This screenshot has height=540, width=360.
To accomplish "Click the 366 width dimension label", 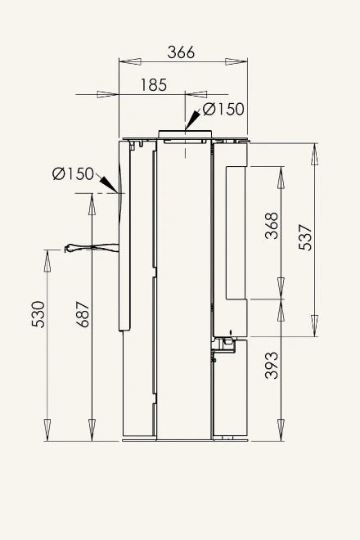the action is (x=181, y=52).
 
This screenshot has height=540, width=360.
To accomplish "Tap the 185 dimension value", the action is (x=154, y=85).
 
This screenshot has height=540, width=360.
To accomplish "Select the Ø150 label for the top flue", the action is (x=223, y=109).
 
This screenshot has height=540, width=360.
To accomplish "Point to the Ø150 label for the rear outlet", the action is (x=73, y=173).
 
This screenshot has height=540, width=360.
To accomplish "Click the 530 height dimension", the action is (x=38, y=314).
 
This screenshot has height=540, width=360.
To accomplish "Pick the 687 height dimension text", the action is (x=83, y=314).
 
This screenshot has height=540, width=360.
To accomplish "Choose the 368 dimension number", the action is (x=272, y=226).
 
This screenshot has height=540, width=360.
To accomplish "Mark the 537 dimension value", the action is (x=305, y=237).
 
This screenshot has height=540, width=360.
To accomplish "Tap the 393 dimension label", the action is (x=272, y=365).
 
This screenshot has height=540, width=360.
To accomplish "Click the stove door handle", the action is (x=92, y=248).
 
